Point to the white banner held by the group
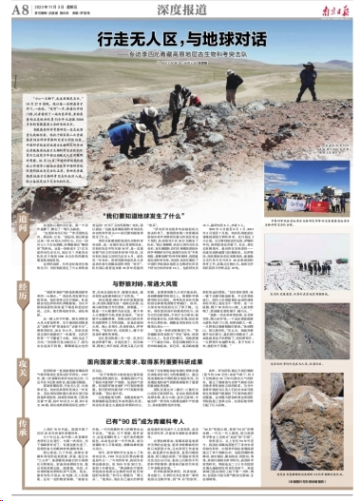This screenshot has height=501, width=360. click(285, 202)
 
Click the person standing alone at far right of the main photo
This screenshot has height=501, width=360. click(234, 87)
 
